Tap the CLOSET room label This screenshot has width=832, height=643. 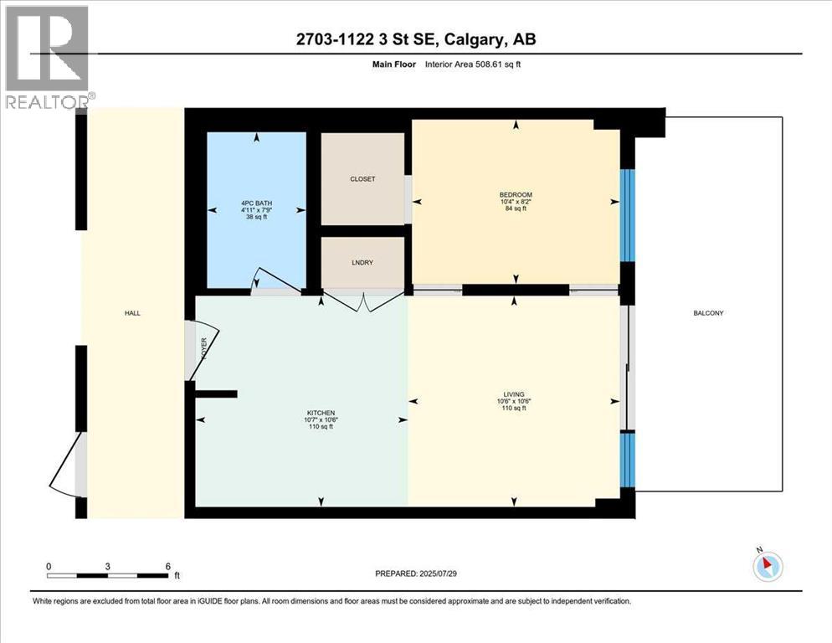click(x=362, y=179)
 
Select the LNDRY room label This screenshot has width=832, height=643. click(x=362, y=263)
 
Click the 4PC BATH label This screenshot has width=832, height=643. click(x=256, y=203)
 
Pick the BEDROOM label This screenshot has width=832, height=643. click(x=516, y=195)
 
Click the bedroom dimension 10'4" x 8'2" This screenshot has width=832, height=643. click(x=516, y=202)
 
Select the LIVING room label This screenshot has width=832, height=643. click(x=514, y=394)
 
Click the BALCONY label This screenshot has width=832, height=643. click(x=707, y=313)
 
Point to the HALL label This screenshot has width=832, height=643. click(x=132, y=313)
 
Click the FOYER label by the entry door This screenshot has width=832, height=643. click(x=203, y=347)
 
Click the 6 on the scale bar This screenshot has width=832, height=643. click(x=167, y=566)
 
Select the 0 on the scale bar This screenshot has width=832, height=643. click(x=49, y=566)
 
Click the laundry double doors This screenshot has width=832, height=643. click(x=362, y=300)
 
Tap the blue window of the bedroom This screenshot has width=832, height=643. click(x=627, y=215)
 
